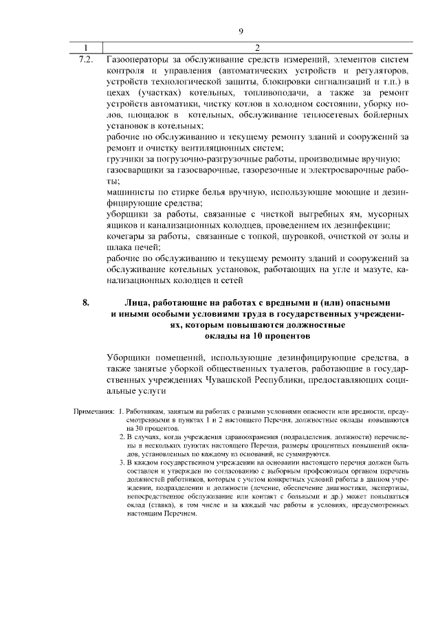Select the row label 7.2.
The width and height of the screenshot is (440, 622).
click(x=86, y=60)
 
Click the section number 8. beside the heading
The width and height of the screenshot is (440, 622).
click(x=86, y=302)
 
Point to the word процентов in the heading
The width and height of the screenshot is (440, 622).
click(x=283, y=337)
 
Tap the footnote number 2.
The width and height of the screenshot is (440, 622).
click(x=122, y=436)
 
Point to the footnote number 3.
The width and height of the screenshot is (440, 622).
click(x=122, y=463)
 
